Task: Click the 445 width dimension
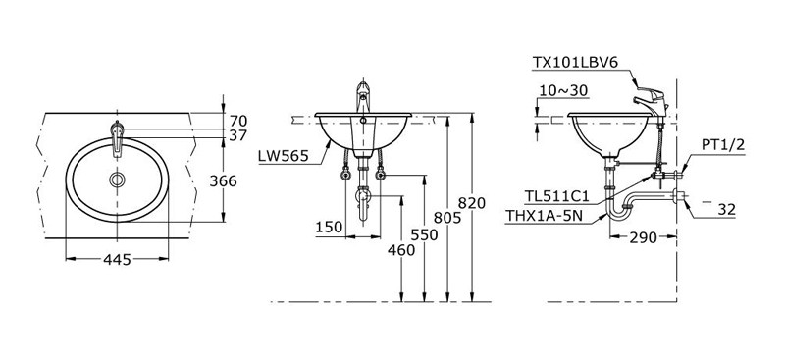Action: [x=117, y=259]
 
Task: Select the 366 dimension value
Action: [x=223, y=180]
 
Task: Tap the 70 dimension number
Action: [x=238, y=121]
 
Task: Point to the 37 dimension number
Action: [x=238, y=135]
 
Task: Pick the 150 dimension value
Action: [x=330, y=227]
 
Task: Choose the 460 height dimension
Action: [x=401, y=249]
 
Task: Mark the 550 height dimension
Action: [x=424, y=234]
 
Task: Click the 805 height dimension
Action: [x=447, y=217]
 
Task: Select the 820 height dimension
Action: [x=472, y=203]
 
